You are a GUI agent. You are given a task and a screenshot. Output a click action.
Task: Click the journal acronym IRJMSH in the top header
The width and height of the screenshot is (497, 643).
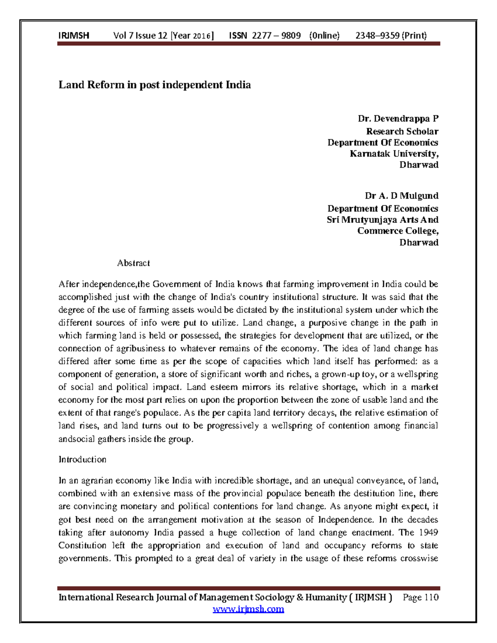pyautogui.click(x=74, y=36)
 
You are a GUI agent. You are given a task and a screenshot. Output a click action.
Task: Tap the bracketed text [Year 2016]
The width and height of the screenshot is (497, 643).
pyautogui.click(x=192, y=36)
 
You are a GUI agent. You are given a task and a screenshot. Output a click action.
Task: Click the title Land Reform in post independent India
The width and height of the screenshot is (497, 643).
pyautogui.click(x=154, y=85)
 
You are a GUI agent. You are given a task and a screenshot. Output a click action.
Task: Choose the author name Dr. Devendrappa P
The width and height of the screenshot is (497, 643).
pyautogui.click(x=398, y=119)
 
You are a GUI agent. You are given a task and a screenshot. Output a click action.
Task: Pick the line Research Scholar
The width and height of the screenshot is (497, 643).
pyautogui.click(x=402, y=131)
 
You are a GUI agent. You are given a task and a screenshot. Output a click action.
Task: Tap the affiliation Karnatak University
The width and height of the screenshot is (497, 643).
pyautogui.click(x=394, y=154)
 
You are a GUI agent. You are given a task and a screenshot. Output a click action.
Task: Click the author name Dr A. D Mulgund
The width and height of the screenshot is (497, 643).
pyautogui.click(x=401, y=195)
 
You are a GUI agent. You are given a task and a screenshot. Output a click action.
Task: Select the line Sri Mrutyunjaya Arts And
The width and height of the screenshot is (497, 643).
pyautogui.click(x=382, y=219)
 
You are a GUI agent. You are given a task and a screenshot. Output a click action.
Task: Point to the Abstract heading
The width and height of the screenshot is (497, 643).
pyautogui.click(x=133, y=263)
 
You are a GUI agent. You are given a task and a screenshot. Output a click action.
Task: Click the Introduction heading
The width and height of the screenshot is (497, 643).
pyautogui.click(x=82, y=460)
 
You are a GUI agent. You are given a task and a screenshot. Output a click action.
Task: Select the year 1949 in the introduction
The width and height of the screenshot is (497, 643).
pyautogui.click(x=428, y=532)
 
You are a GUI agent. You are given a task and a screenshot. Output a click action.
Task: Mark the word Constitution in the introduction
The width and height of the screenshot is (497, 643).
pyautogui.click(x=82, y=545)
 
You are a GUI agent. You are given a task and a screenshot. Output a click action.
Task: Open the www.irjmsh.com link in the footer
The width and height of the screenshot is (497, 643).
pyautogui.click(x=248, y=609)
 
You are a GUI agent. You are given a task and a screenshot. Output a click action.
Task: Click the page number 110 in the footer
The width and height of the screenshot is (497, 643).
pyautogui.click(x=431, y=597)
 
